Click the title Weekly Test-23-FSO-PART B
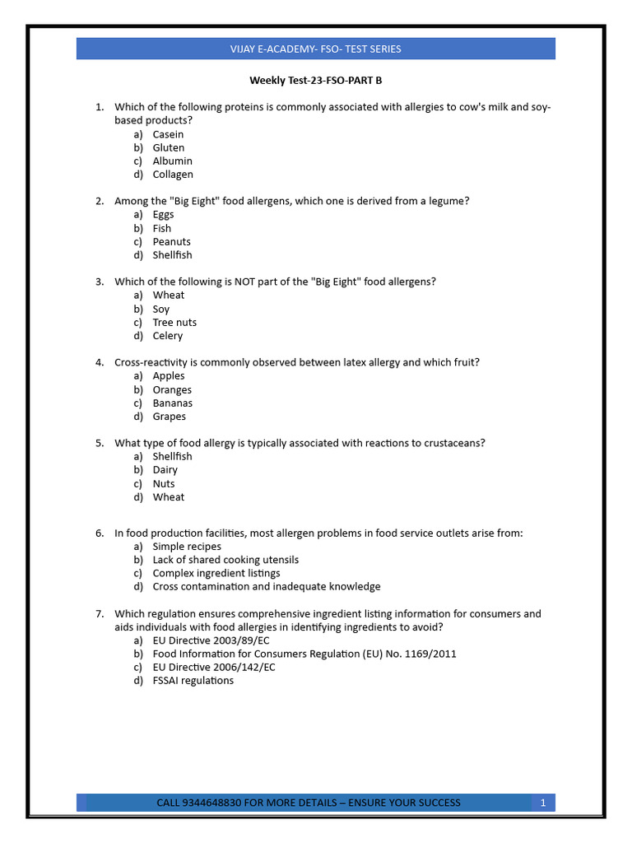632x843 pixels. [316, 81]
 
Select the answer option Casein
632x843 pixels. [168, 134]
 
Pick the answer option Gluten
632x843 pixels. [168, 147]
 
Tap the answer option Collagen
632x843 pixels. [173, 175]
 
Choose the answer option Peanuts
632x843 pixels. [171, 242]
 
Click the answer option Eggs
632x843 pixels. [163, 215]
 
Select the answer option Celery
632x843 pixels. [168, 336]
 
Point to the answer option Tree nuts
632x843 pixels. [174, 323]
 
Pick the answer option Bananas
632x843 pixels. [172, 403]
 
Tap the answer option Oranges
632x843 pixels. [172, 390]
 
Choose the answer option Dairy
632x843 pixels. [165, 470]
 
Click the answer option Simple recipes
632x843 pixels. [187, 547]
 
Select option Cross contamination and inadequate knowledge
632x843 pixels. [267, 587]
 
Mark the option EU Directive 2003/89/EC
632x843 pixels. [211, 640]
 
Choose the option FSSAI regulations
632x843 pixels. [193, 681]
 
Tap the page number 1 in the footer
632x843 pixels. [543, 803]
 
